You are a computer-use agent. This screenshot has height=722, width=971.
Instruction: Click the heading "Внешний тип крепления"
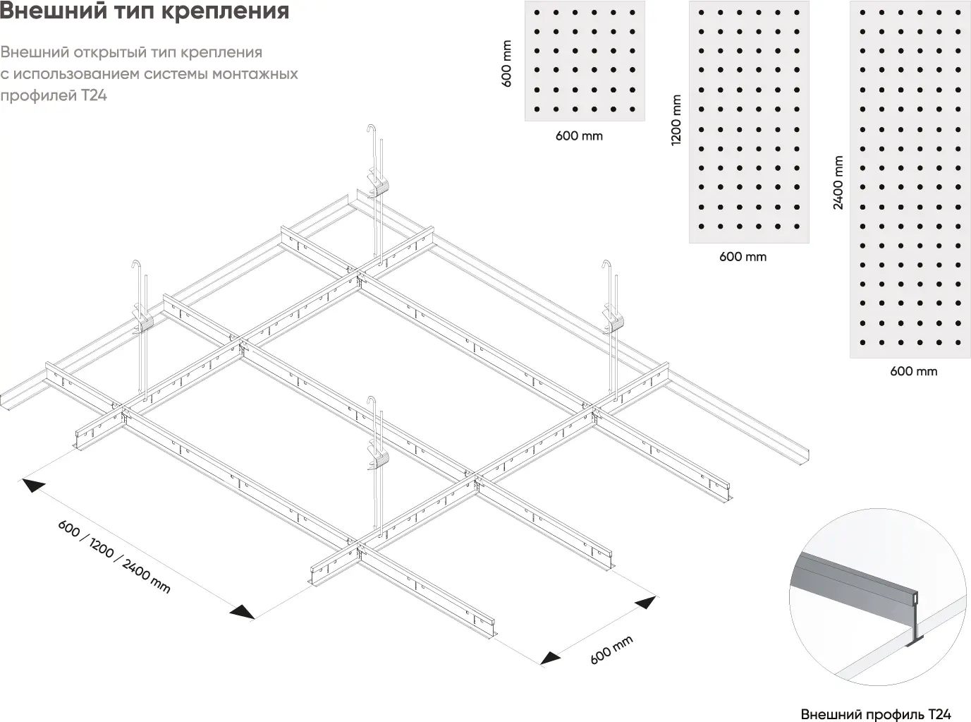[144, 11]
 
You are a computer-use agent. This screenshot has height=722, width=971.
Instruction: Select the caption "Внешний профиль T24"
[876, 714]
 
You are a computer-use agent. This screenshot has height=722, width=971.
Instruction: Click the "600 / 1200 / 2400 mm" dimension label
[114, 557]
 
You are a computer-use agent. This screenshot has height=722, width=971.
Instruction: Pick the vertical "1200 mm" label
[676, 120]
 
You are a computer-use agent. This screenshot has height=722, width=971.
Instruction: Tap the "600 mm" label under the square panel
[579, 136]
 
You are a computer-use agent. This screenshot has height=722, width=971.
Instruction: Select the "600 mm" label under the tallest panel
[913, 371]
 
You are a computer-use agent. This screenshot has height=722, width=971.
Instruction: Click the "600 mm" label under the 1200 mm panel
[743, 257]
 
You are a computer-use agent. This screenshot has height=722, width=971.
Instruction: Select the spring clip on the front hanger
[379, 455]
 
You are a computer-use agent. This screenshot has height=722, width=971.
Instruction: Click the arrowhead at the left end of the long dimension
[32, 484]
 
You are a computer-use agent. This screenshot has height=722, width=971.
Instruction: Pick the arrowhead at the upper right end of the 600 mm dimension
[645, 602]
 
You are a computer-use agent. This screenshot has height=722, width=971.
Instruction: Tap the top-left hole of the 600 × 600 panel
[537, 13]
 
